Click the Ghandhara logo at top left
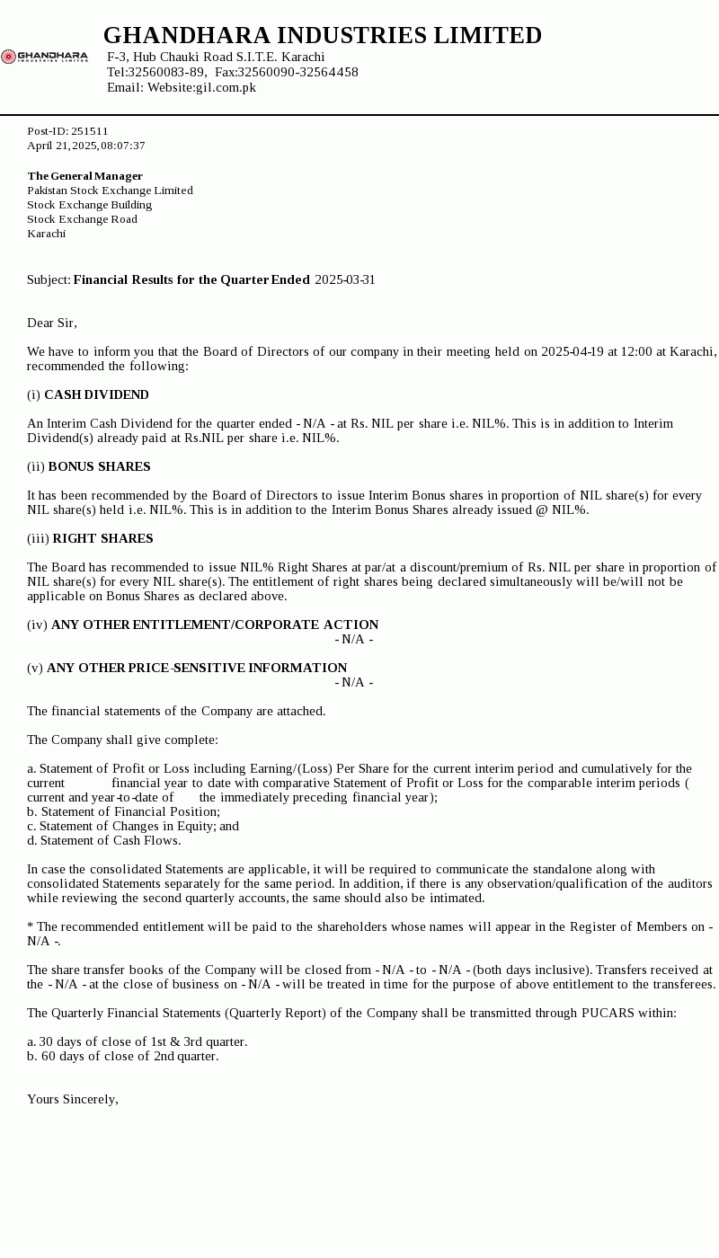click(44, 57)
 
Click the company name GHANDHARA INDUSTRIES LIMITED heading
click(323, 35)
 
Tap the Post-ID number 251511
click(90, 131)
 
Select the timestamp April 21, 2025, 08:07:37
click(86, 146)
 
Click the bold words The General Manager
click(85, 176)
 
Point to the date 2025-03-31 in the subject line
click(345, 279)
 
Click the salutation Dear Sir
click(52, 323)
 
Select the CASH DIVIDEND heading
click(96, 394)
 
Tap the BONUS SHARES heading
click(99, 466)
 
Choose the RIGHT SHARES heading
click(102, 538)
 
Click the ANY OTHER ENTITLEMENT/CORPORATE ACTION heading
click(215, 625)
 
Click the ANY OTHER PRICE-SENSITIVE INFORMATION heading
click(197, 668)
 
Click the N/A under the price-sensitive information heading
click(353, 682)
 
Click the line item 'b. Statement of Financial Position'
click(123, 811)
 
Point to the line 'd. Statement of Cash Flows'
click(104, 840)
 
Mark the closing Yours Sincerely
click(73, 1099)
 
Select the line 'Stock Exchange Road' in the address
click(82, 219)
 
